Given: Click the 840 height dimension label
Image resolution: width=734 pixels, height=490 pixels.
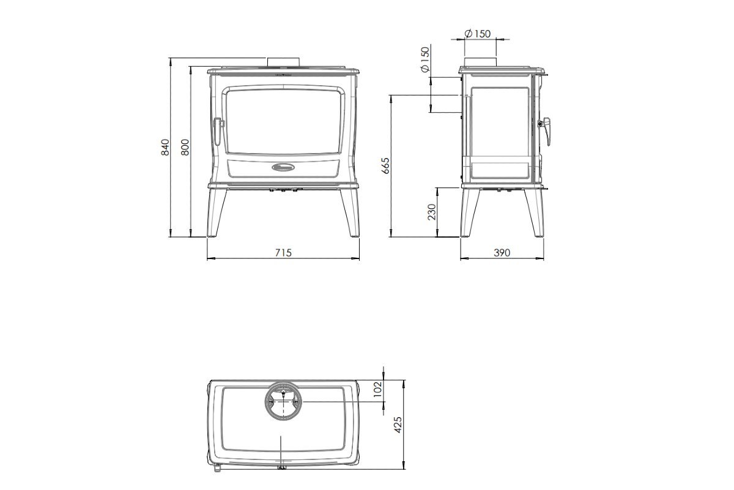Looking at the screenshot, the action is (x=166, y=148).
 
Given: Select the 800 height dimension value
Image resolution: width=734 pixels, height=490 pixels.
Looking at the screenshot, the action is (x=185, y=148).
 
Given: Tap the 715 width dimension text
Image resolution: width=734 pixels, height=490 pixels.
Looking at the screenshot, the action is (x=283, y=253).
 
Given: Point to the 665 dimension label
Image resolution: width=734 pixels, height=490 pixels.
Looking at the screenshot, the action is (x=386, y=166).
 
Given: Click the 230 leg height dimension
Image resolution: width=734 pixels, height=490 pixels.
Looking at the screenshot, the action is (x=432, y=212).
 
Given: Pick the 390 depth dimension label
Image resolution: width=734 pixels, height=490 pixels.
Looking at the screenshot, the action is (x=502, y=253).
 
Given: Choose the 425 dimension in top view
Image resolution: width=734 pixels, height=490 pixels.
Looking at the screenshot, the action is (x=398, y=424).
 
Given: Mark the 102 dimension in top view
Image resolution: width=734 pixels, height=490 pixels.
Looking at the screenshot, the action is (x=378, y=389).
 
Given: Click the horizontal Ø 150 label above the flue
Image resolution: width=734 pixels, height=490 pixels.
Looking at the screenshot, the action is (x=478, y=34).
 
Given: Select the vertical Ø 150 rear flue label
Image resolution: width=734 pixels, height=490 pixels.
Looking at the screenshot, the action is (x=424, y=60).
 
